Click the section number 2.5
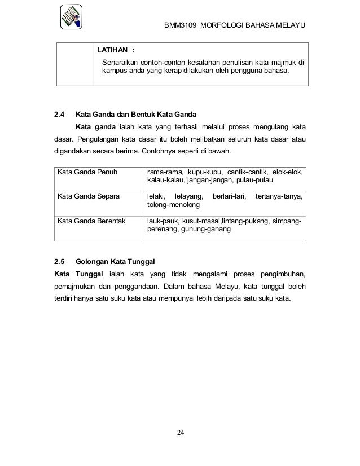coord(59,262)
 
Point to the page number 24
coord(180,433)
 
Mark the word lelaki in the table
coord(156,196)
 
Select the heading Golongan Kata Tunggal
coord(115,262)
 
